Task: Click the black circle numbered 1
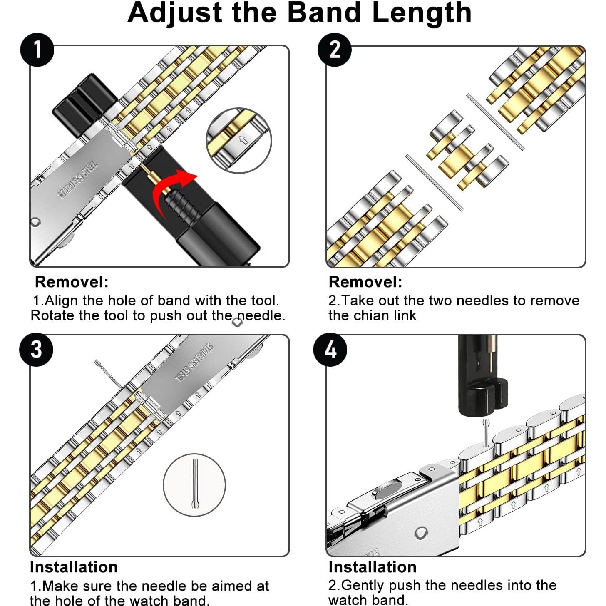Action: pos(37,50)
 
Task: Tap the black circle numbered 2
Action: pos(334,50)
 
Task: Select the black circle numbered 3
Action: pos(36,350)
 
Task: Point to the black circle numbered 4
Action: pos(330,350)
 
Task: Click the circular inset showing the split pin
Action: pos(194,485)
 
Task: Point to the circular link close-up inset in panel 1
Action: pos(238,140)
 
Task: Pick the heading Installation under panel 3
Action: pos(74,567)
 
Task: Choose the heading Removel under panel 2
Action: pos(365,282)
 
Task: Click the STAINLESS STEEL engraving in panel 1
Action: pos(78,179)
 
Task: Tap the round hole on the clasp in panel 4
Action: pos(420,533)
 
